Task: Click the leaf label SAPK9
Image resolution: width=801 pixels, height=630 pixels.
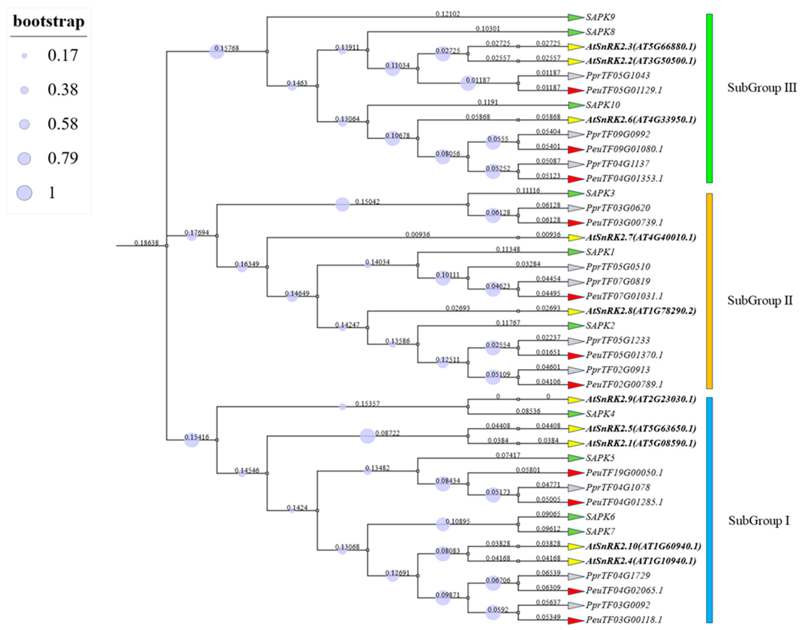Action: pyautogui.click(x=600, y=17)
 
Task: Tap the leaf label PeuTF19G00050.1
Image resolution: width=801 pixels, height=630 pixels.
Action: pyautogui.click(x=624, y=472)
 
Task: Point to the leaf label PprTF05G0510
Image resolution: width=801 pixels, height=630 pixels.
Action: pyautogui.click(x=618, y=267)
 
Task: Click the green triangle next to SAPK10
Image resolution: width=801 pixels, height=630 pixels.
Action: pyautogui.click(x=575, y=105)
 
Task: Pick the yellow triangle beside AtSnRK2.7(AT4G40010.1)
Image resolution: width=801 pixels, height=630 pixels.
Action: pyautogui.click(x=575, y=238)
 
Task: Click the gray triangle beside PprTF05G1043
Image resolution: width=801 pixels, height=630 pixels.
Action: pyautogui.click(x=575, y=76)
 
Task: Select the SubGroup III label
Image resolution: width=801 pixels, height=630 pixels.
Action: pyautogui.click(x=761, y=88)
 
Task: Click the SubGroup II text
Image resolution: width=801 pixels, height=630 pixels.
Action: pyautogui.click(x=760, y=300)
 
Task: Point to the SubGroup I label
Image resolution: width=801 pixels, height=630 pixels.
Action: pyautogui.click(x=759, y=521)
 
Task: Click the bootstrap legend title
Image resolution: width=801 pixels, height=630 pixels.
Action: pyautogui.click(x=49, y=21)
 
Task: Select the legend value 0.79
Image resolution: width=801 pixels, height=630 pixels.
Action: pyautogui.click(x=63, y=158)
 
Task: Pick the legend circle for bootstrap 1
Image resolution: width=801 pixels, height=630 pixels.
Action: pyautogui.click(x=24, y=193)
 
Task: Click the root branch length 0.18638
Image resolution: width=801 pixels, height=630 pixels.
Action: pyautogui.click(x=146, y=243)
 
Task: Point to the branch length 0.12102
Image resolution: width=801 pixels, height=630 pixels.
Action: pyautogui.click(x=447, y=14)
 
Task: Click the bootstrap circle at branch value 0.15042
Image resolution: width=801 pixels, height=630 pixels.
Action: pyautogui.click(x=342, y=204)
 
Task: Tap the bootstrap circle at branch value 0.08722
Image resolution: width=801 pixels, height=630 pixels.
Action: pyautogui.click(x=367, y=436)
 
